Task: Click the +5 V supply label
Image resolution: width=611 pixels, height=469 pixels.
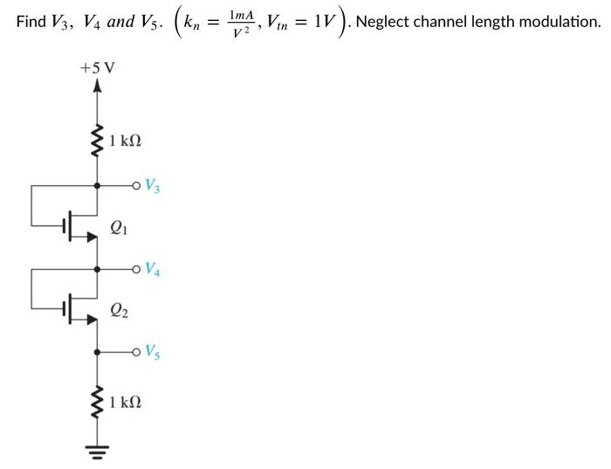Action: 97,67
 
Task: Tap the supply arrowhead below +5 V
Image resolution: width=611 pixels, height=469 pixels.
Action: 98,86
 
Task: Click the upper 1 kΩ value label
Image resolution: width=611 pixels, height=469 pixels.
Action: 125,141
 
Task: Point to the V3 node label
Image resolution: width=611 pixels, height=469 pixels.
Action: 153,185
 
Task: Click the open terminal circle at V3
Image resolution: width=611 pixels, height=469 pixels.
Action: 136,185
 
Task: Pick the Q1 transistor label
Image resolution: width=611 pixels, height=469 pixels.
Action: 119,227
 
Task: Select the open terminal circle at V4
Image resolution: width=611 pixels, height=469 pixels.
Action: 136,268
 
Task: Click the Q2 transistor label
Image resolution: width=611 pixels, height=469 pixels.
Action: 119,309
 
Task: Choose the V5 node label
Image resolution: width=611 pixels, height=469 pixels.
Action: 153,352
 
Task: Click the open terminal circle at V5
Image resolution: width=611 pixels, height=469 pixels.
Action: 136,352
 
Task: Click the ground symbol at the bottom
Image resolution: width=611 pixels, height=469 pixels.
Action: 98,452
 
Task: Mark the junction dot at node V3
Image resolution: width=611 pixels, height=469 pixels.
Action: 98,185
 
